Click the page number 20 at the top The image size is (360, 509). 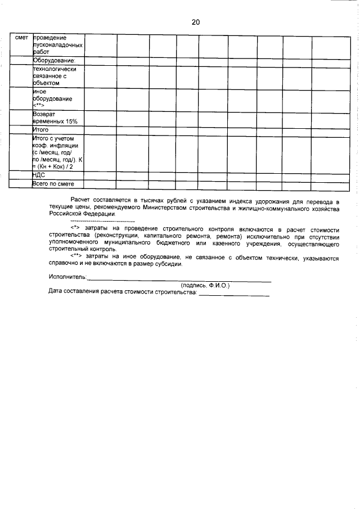pyautogui.click(x=196, y=22)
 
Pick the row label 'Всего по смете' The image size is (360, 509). pyautogui.click(x=53, y=184)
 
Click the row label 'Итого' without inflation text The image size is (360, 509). pyautogui.click(x=41, y=129)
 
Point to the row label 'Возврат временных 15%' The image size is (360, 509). pyautogui.click(x=55, y=117)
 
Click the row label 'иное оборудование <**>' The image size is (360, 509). pyautogui.click(x=53, y=98)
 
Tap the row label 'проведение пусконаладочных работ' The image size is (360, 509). pyautogui.click(x=58, y=44)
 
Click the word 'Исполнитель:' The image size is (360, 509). pyautogui.click(x=68, y=277)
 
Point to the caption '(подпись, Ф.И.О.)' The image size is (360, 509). pyautogui.click(x=205, y=285)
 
